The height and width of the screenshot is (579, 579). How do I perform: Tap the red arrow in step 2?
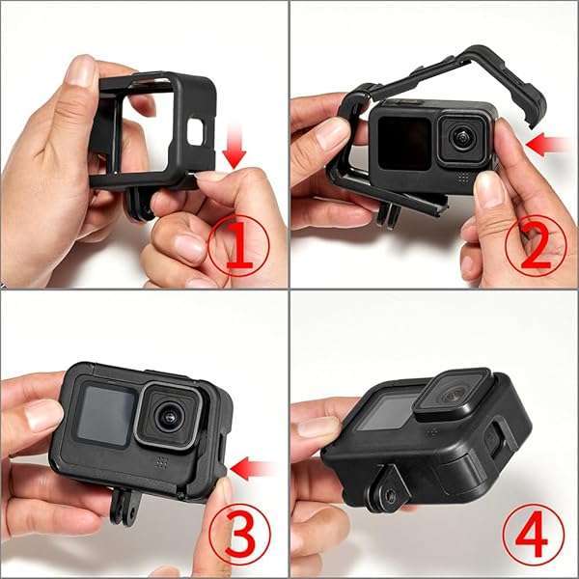[x=549, y=145]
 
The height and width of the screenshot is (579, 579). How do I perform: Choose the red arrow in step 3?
[x=254, y=470]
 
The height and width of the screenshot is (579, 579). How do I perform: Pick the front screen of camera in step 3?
[x=102, y=414]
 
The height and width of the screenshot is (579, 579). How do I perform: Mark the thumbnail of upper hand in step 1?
[x=81, y=69]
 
